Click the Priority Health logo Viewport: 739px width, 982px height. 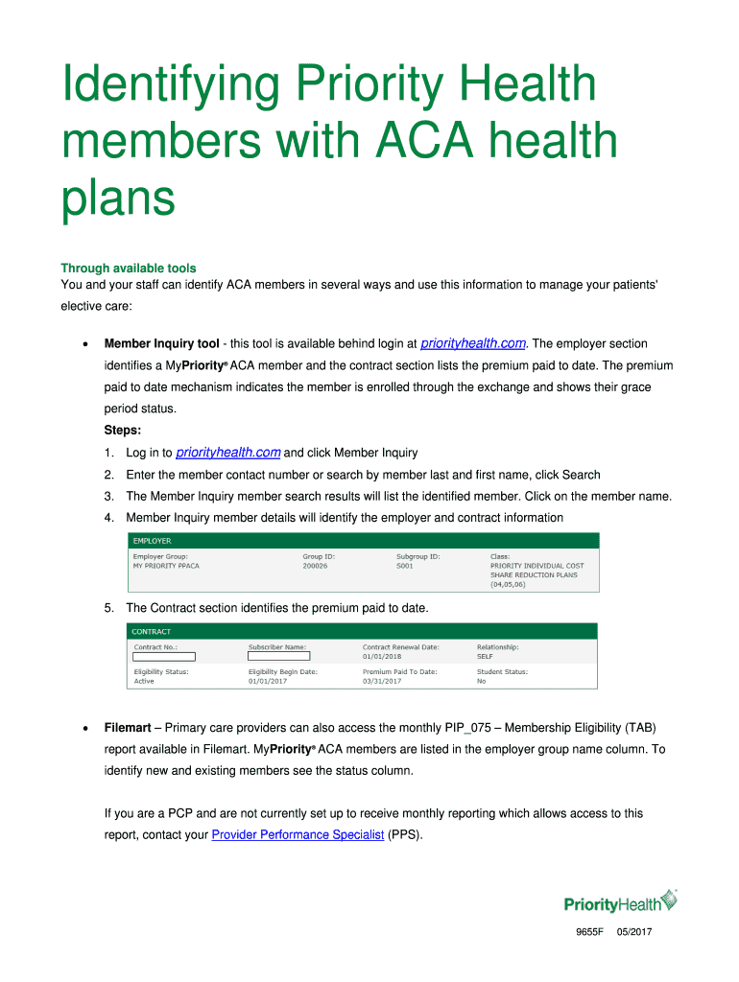[x=619, y=903]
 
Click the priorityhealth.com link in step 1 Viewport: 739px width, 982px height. [x=228, y=453]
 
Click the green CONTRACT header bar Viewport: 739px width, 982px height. [x=363, y=631]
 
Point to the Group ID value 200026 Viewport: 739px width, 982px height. [x=315, y=566]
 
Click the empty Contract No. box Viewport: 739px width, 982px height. [x=163, y=657]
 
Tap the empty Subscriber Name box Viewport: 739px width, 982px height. [x=278, y=657]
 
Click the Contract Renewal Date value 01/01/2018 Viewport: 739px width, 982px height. [x=384, y=657]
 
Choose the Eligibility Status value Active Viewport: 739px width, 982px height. [x=144, y=681]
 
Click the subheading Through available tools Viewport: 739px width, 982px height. [x=129, y=269]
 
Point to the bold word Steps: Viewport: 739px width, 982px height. [x=123, y=431]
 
